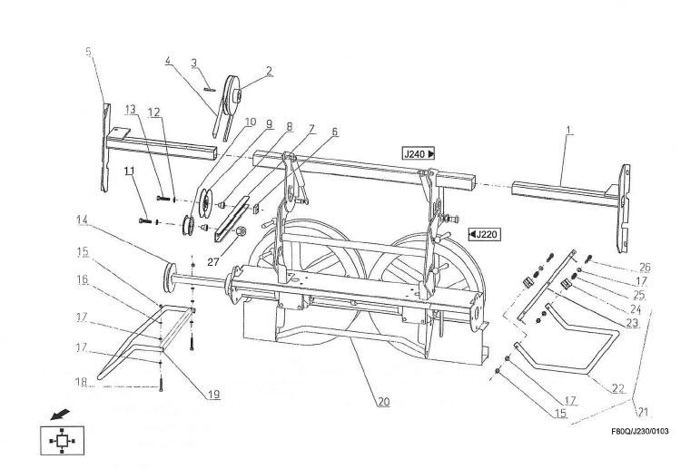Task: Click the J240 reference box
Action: click(x=419, y=154)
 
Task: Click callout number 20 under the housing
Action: click(x=384, y=401)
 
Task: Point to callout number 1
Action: click(x=569, y=131)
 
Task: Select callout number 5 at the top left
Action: click(x=89, y=52)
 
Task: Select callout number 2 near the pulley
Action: click(x=269, y=69)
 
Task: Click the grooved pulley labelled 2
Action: click(x=235, y=97)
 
